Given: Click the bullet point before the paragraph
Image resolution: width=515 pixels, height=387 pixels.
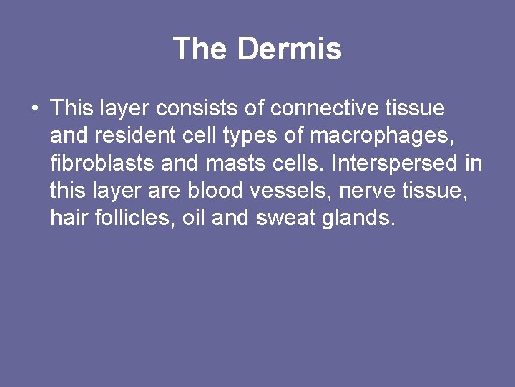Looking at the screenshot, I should click(34, 110).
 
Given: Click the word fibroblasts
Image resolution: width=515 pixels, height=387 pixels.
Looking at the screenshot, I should click(103, 164).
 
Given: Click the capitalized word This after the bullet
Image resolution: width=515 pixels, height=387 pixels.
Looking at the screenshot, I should click(69, 109).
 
